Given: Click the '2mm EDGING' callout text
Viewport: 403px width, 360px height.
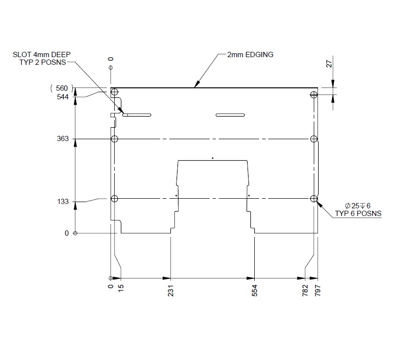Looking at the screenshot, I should point(250,55).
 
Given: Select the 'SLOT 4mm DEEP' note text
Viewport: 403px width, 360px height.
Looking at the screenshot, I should point(43,55).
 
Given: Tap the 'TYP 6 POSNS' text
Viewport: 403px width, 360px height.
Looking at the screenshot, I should point(358,213).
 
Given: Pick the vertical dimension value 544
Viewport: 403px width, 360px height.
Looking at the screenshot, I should point(63,96).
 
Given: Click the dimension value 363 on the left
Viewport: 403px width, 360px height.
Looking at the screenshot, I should point(63,139).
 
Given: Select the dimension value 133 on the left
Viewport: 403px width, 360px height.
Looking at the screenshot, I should point(63,202).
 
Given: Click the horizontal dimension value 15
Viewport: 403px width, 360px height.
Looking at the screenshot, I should point(121,288).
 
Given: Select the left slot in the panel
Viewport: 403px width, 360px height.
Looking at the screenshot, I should point(137,115).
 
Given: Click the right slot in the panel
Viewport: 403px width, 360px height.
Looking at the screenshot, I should point(230,115).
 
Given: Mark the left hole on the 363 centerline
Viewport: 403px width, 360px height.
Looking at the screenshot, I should point(115,139).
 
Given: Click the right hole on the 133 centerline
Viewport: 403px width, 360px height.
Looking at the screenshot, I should point(314,199).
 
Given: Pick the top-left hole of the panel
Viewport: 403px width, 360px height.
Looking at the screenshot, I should point(115,92).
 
